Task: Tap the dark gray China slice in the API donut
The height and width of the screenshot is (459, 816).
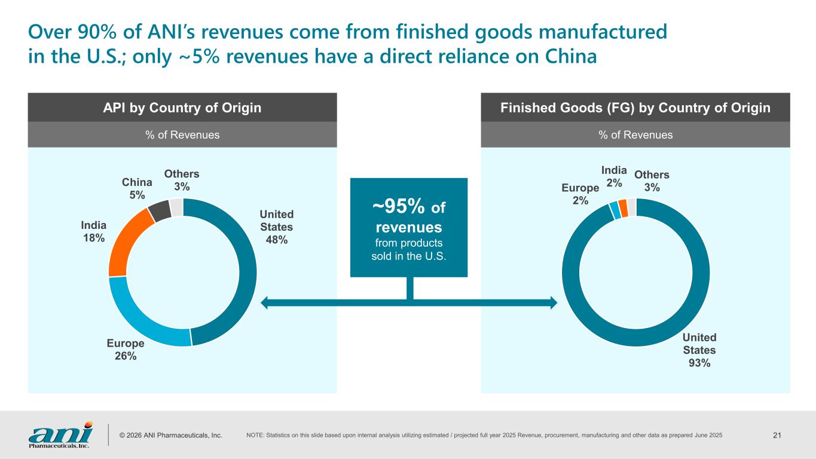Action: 158,210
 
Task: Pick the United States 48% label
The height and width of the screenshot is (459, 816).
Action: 276,227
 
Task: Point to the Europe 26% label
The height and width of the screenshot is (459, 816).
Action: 126,350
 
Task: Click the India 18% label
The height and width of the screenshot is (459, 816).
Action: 94,231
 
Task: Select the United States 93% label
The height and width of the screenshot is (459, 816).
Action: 699,350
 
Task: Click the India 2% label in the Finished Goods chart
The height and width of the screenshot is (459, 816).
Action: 614,177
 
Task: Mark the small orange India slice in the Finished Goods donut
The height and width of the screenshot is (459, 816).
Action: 623,208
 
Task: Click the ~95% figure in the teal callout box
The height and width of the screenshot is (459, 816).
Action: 399,207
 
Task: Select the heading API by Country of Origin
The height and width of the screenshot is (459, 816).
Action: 182,108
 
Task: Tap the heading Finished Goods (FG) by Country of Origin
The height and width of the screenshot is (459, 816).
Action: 635,108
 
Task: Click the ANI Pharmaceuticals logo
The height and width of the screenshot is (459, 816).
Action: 60,434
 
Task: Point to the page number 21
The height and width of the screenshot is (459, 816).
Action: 777,434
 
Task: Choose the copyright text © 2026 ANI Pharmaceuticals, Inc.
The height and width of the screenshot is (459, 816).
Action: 170,435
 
